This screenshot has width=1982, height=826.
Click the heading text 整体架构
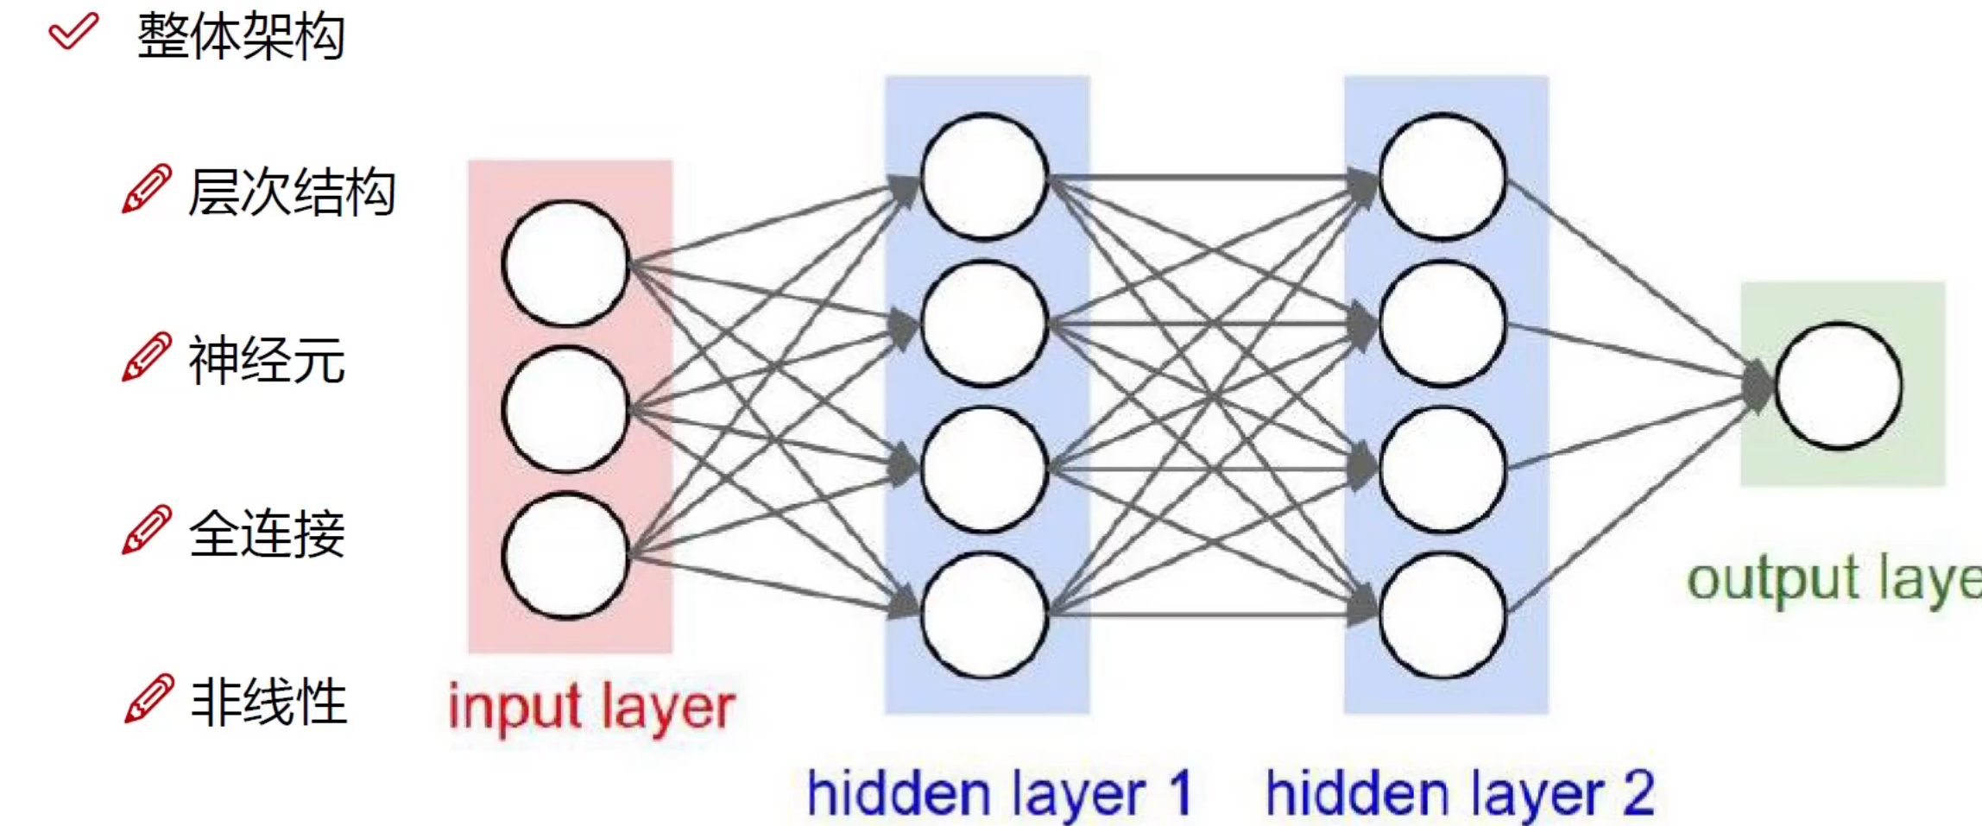point(241,36)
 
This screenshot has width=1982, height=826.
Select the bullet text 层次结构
point(292,192)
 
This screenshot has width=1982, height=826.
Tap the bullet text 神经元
point(267,360)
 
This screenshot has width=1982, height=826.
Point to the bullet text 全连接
point(267,533)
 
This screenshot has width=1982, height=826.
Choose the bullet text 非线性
point(268,701)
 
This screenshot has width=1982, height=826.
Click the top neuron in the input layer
point(565,263)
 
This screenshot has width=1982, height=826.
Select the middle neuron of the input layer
point(565,409)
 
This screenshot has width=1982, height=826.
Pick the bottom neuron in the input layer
point(565,555)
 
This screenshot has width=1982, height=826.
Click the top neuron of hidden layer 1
point(984,176)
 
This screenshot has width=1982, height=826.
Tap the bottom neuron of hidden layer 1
point(984,615)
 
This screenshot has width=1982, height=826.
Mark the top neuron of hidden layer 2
point(1442,176)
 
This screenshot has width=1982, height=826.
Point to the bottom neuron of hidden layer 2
point(1442,615)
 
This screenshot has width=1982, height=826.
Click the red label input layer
point(592,708)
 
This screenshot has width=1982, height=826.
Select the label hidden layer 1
point(999,794)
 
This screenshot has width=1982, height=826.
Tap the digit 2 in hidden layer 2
point(1638,792)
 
